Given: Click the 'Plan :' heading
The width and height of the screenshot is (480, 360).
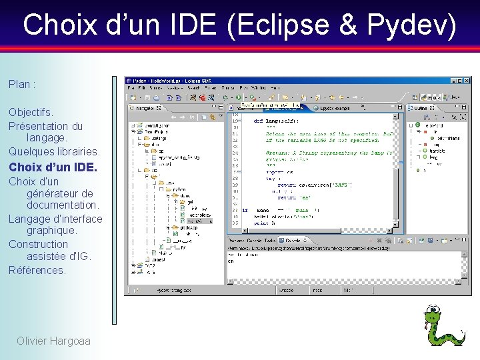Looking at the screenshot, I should point(22,85).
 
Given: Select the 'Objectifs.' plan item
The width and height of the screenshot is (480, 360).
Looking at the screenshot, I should point(31,112).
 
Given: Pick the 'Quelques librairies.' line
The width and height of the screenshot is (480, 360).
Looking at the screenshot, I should point(54,151).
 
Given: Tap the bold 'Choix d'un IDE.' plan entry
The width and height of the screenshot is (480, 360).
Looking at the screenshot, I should point(53,167).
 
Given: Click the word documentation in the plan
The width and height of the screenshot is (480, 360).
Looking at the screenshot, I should point(63,205).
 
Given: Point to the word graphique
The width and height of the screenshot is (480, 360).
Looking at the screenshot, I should point(52,231).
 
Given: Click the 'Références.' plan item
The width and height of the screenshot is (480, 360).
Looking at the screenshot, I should point(37,270).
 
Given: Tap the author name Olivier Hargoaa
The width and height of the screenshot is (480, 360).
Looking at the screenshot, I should point(53,341).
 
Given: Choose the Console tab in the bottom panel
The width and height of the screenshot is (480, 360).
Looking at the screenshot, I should point(291,240).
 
